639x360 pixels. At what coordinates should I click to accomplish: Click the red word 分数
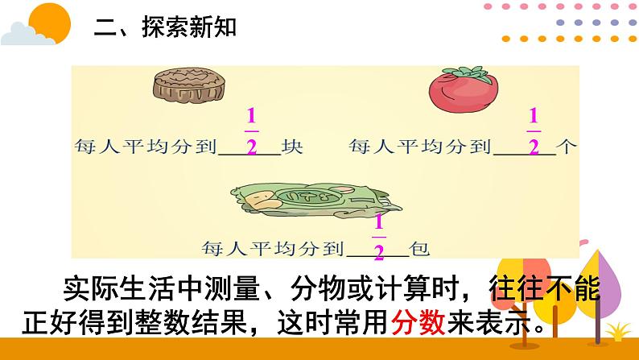[418, 326]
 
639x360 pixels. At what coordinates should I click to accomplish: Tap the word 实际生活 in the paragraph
[113, 290]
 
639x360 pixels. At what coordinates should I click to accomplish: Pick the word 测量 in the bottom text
[253, 290]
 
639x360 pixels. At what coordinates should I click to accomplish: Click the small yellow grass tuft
[618, 332]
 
